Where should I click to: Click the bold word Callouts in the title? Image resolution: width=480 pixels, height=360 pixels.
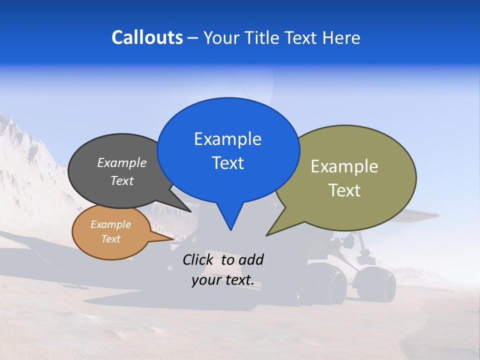(147, 37)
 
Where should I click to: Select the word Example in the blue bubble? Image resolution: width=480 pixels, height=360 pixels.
(227, 139)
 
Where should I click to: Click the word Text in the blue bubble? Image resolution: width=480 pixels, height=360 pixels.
(227, 163)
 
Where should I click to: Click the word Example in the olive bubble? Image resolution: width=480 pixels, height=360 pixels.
(344, 166)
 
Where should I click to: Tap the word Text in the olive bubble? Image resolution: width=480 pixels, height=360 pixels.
(344, 190)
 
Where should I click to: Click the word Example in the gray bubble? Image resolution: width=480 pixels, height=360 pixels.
(122, 162)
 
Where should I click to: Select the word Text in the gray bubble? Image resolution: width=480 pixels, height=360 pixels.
(122, 180)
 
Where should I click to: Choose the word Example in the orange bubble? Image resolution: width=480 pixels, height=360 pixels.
(110, 224)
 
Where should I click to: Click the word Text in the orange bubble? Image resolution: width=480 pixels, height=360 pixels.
(110, 239)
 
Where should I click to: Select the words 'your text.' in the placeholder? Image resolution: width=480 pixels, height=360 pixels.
(223, 280)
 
